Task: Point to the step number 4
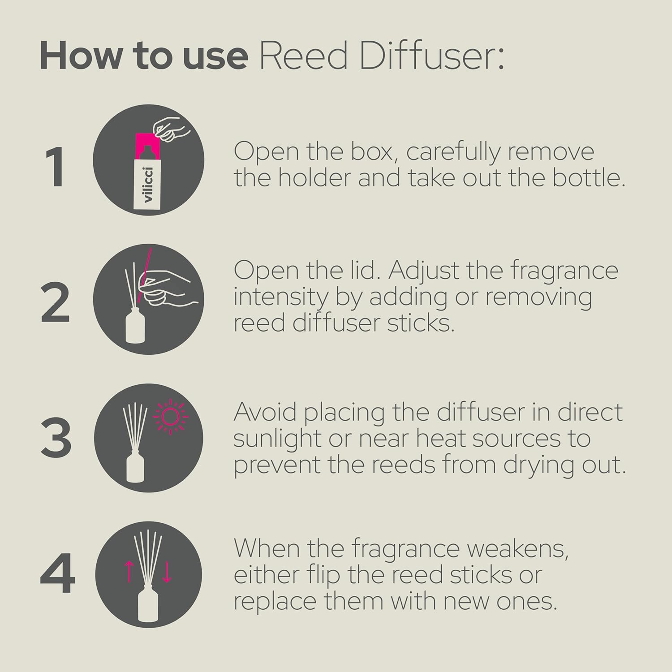pos(57,574)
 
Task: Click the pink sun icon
pos(171,417)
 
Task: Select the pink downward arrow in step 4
pos(167,573)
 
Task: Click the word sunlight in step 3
pos(277,439)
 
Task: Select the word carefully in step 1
pos(453,152)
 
